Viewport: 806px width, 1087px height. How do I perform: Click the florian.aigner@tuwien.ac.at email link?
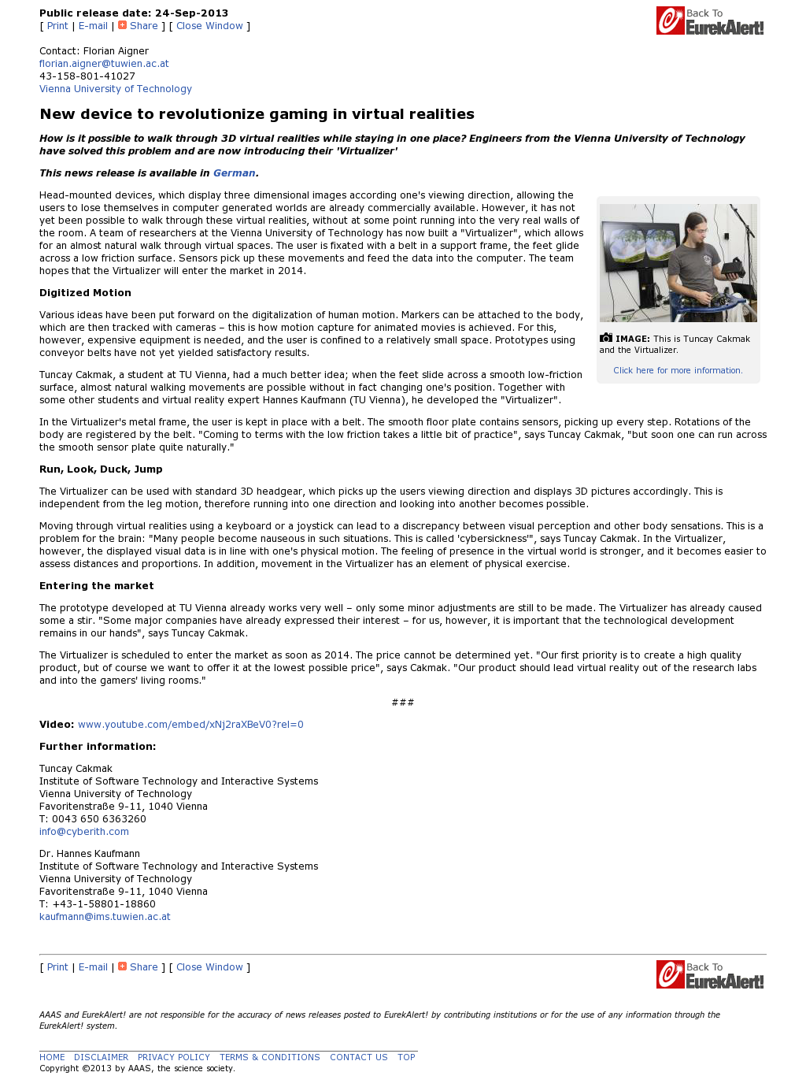coord(104,64)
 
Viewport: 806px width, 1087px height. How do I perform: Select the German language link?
coord(234,173)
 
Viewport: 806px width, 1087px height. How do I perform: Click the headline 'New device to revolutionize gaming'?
coord(257,114)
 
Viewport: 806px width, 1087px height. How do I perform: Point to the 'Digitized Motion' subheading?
coord(85,293)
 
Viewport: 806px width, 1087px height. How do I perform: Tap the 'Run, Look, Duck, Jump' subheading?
coord(101,469)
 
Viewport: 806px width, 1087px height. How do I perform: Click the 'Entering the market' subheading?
coord(96,586)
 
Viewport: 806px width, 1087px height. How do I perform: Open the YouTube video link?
coord(190,725)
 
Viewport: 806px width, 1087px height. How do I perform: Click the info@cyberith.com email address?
coord(84,832)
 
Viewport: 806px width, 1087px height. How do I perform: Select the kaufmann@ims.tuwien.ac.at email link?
coord(105,917)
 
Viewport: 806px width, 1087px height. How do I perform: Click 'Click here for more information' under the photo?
coord(678,370)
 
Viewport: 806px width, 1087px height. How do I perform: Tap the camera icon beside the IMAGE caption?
coord(605,338)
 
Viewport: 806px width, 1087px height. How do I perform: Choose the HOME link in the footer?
coord(52,1057)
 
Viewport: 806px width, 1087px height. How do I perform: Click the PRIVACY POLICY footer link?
coord(173,1057)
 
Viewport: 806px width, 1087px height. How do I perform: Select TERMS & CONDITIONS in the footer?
coord(269,1057)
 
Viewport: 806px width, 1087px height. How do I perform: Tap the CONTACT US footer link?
coord(358,1057)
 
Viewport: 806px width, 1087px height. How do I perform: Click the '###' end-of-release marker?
coord(402,703)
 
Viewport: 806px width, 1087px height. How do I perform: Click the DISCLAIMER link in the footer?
coord(101,1057)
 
